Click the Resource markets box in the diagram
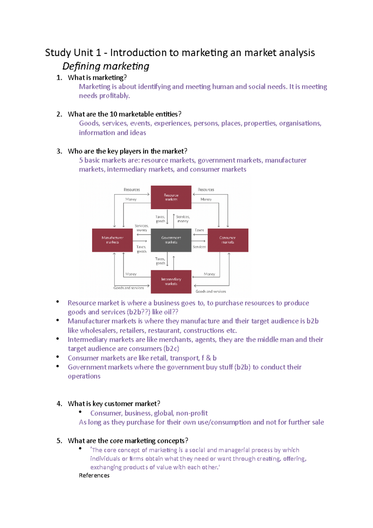[171, 197]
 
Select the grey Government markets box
[171, 240]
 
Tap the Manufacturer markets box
[112, 240]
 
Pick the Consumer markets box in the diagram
[228, 240]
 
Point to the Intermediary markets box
[171, 282]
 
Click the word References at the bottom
[94, 475]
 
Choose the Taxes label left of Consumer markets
[199, 230]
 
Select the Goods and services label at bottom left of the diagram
[128, 288]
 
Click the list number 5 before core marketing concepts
[59, 441]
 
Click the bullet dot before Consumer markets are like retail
[58, 357]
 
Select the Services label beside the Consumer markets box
[199, 247]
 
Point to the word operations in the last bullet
[84, 376]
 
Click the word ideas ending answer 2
[138, 133]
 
